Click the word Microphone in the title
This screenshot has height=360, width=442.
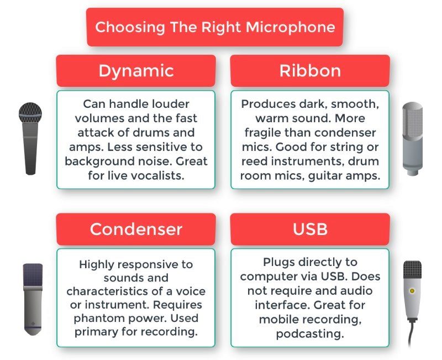(291, 27)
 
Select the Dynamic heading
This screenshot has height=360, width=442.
(136, 71)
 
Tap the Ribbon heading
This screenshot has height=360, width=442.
(310, 71)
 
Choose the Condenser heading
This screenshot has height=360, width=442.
(136, 229)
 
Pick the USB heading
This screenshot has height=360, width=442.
(310, 229)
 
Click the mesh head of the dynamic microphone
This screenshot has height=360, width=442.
(30, 113)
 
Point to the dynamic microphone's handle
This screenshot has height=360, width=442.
(30, 149)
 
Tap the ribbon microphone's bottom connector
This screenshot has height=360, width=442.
(412, 171)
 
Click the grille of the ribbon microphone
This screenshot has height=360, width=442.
(412, 120)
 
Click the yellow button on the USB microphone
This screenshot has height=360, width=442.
(412, 290)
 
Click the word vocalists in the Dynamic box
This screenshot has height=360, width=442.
(157, 176)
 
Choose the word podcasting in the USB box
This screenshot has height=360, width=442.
(310, 334)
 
